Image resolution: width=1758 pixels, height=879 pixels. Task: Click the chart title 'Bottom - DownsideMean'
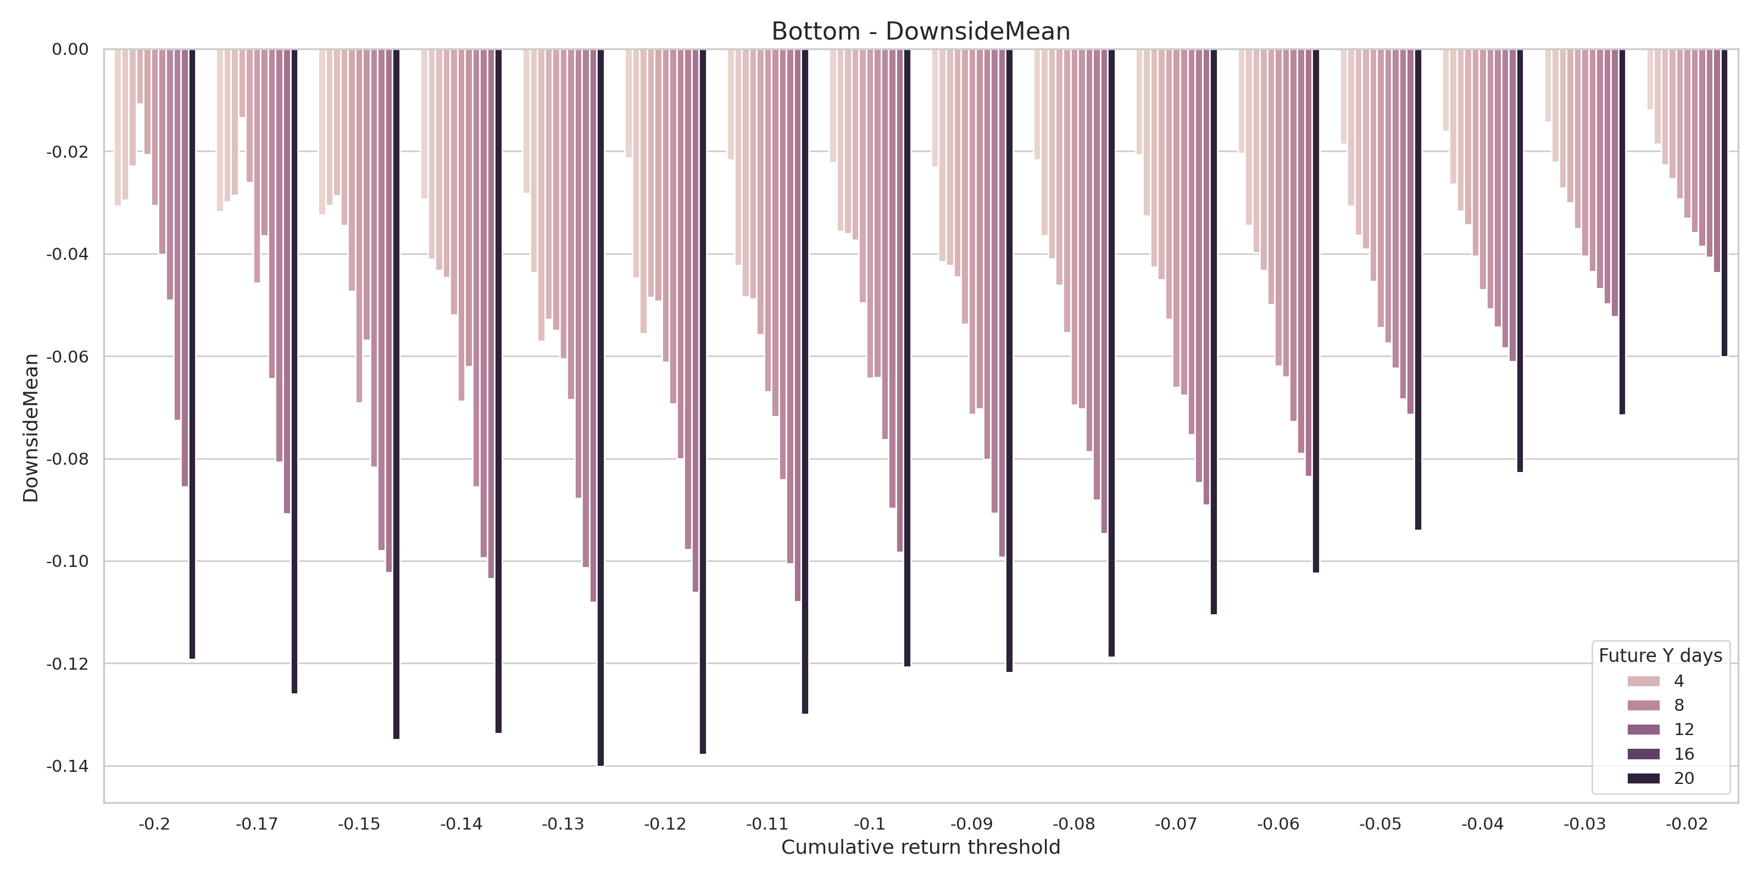[920, 31]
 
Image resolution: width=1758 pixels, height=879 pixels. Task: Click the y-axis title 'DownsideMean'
[31, 428]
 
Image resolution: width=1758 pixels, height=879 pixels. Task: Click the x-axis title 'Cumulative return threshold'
[920, 847]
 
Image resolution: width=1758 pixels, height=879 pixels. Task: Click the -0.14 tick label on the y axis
[67, 766]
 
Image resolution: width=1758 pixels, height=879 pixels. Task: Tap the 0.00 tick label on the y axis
[70, 49]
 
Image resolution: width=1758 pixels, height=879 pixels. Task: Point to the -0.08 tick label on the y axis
[67, 459]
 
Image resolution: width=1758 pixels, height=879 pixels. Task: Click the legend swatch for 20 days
[1643, 778]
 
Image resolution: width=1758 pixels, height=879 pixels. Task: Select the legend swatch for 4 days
[1643, 681]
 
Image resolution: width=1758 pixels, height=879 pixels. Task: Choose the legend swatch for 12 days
[1643, 730]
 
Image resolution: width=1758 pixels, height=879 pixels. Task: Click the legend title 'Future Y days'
[1660, 656]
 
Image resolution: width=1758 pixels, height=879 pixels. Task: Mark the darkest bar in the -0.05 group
[1418, 290]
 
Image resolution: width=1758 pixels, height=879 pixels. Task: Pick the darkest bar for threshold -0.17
[294, 371]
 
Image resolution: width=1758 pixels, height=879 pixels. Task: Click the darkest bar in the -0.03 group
[1622, 232]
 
